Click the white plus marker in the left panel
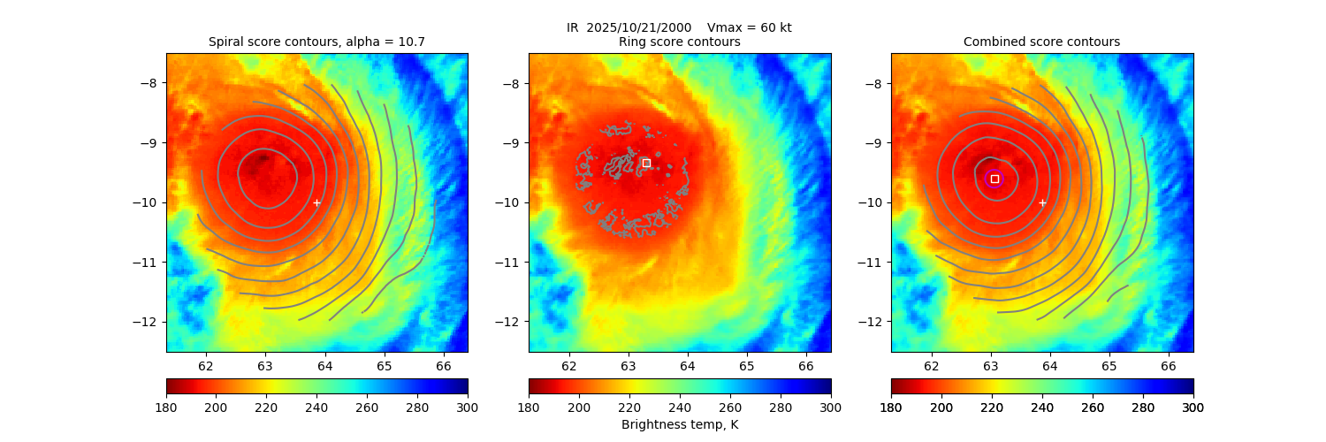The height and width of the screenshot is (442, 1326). [x=316, y=202]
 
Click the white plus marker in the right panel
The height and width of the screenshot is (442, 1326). [x=1042, y=202]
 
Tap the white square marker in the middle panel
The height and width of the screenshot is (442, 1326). [x=646, y=163]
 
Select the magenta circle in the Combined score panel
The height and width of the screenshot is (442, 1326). [x=994, y=179]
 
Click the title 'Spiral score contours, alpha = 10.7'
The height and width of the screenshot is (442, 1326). [x=316, y=42]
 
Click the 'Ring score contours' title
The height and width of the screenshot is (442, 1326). [x=679, y=42]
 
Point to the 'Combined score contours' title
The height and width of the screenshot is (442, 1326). [x=1041, y=42]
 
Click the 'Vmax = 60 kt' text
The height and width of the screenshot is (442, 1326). [x=750, y=27]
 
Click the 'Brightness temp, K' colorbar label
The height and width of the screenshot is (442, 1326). [x=679, y=425]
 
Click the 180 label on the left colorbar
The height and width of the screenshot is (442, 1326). [x=167, y=407]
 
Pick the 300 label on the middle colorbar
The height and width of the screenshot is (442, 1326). [x=831, y=407]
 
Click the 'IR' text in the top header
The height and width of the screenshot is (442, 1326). [x=573, y=27]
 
